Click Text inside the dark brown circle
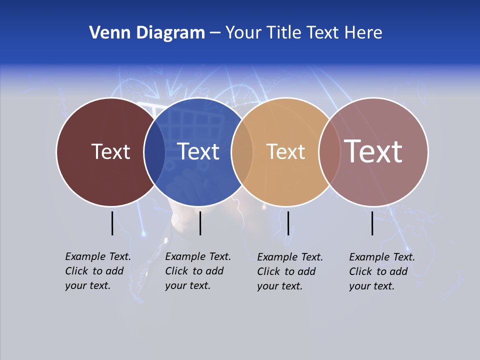[110, 151]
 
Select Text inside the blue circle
[198, 151]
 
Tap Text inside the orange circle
[285, 151]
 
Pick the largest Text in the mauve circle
[373, 151]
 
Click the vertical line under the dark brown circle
[112, 223]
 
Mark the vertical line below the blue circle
[200, 223]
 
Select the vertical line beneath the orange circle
[288, 223]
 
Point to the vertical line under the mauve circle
[372, 223]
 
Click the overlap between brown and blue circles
[154, 152]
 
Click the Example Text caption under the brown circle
[97, 271]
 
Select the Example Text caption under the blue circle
[197, 271]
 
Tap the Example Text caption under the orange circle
[289, 271]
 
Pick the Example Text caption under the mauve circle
[381, 271]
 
